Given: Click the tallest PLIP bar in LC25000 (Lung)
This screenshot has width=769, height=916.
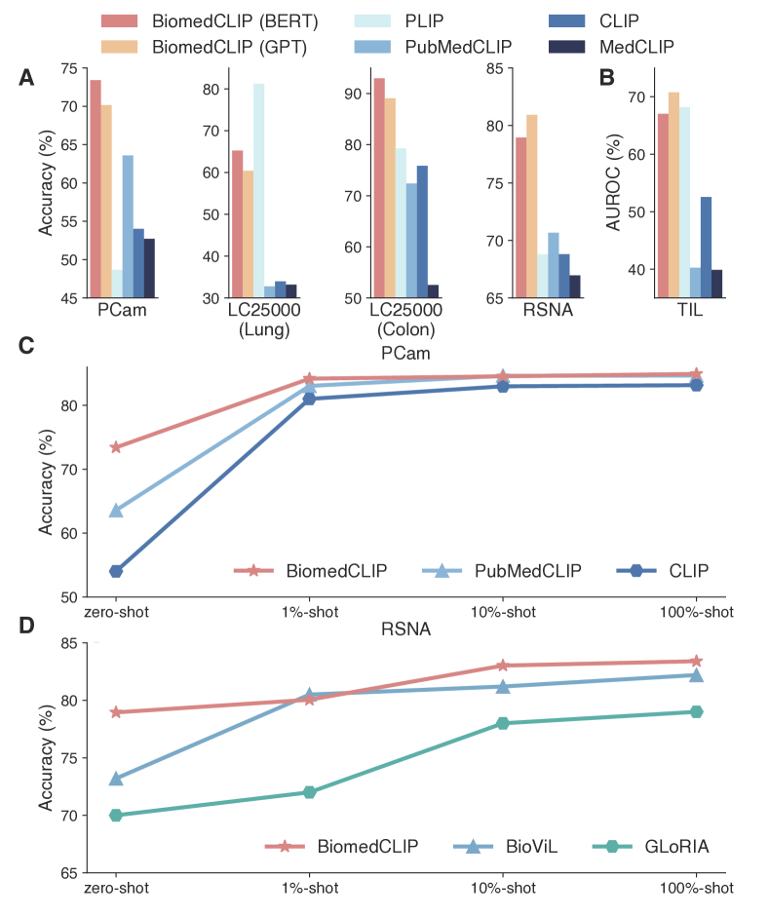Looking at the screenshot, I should coord(258,190).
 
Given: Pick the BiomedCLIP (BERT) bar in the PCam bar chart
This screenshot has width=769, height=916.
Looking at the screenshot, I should coord(96,189).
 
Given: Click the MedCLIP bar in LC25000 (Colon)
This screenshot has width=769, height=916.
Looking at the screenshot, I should coord(433,291).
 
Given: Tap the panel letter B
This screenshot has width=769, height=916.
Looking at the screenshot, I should coord(607,77).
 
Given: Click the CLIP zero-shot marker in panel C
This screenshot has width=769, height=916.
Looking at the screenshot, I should coord(116,571).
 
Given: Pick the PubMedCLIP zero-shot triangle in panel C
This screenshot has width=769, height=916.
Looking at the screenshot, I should coord(116,510).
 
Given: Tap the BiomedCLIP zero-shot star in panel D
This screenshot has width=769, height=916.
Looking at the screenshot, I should coord(116,712).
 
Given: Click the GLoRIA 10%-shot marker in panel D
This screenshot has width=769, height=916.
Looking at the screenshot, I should coord(503,723).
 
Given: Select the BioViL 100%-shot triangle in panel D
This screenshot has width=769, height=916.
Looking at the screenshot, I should coord(696,675).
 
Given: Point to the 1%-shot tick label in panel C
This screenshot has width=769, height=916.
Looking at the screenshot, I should coord(309,612).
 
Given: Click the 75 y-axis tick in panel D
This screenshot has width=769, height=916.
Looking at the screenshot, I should coord(69,758).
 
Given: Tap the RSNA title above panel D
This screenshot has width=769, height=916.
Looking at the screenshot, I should coord(405,630).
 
